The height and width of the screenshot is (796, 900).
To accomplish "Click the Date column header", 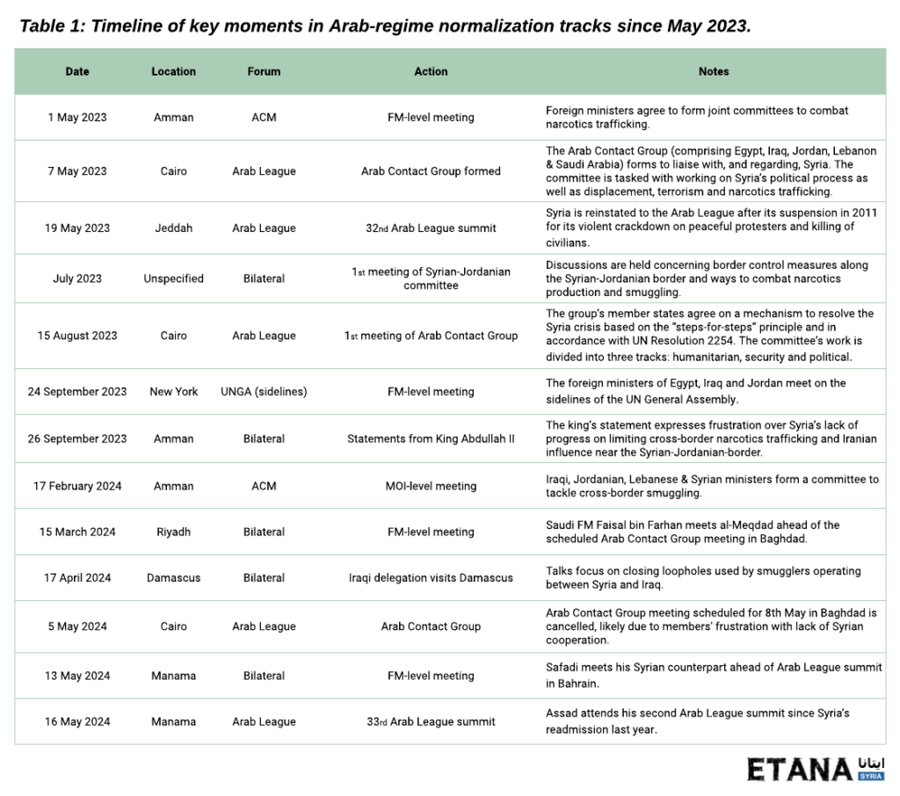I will click(x=77, y=71).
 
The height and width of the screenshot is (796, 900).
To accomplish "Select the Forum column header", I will click(x=264, y=71).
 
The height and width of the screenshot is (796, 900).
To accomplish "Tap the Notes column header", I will click(x=714, y=71).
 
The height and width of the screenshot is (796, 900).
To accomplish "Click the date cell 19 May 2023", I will click(x=77, y=228).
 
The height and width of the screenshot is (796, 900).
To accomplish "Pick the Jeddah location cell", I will click(x=174, y=228).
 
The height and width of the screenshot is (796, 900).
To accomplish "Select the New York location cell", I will click(x=174, y=392).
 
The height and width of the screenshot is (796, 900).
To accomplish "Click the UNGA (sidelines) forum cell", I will click(x=264, y=392).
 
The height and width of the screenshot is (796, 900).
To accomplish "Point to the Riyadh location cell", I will click(x=174, y=532).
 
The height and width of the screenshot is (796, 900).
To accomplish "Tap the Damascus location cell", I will click(x=174, y=578).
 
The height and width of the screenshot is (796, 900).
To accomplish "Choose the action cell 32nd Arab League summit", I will click(x=431, y=228).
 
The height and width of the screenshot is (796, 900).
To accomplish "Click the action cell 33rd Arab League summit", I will click(x=431, y=722).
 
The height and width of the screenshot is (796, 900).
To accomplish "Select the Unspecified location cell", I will click(x=174, y=279).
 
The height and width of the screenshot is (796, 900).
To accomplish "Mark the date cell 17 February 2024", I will click(x=77, y=486).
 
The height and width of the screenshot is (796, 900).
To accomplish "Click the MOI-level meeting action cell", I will click(x=431, y=486).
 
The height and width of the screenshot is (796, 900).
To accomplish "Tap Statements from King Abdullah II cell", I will click(x=431, y=438).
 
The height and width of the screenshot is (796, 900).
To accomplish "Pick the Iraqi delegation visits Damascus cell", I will click(x=431, y=578).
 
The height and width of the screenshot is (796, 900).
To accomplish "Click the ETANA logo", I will click(x=816, y=769).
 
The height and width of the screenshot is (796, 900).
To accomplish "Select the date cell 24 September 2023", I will click(x=77, y=392).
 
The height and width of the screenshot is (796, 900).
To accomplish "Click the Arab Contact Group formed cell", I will click(x=431, y=171).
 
